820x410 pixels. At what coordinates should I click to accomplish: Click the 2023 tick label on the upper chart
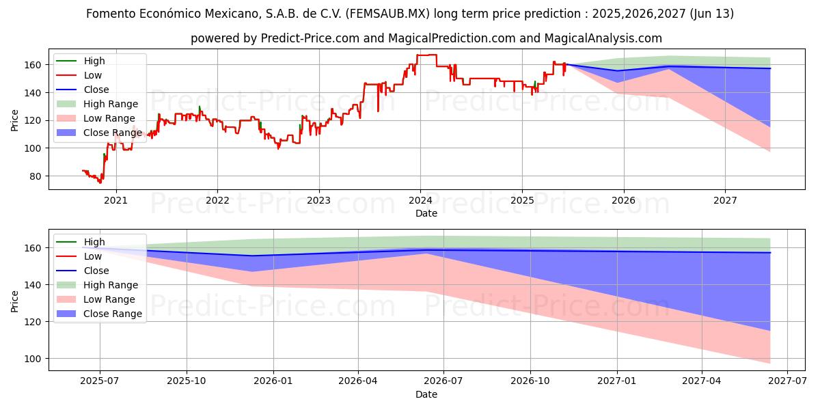pos(318,200)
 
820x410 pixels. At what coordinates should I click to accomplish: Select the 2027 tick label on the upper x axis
pos(725,200)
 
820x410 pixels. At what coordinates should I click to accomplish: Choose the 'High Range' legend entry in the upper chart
pos(111,104)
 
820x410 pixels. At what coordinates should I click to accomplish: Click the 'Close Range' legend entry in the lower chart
pos(113,314)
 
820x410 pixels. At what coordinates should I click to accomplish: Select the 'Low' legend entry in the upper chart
pos(93,75)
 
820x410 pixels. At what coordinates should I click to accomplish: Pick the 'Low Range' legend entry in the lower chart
pos(109,299)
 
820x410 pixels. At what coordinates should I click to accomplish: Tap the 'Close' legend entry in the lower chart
pos(96,271)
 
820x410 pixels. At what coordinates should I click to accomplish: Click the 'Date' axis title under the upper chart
pos(426,213)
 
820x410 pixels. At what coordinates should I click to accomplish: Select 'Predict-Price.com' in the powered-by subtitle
pos(310,38)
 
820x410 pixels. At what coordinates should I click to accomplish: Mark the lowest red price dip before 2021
pos(100,182)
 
